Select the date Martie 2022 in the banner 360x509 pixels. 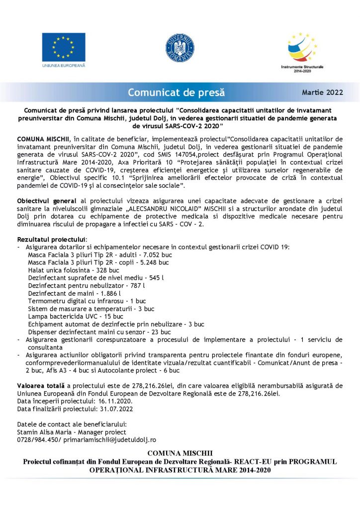pyautogui.click(x=322, y=92)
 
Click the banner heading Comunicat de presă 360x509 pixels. pyautogui.click(x=177, y=92)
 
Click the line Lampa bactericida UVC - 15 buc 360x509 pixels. pyautogui.click(x=76, y=316)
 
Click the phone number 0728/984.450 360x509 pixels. pyautogui.click(x=38, y=440)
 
